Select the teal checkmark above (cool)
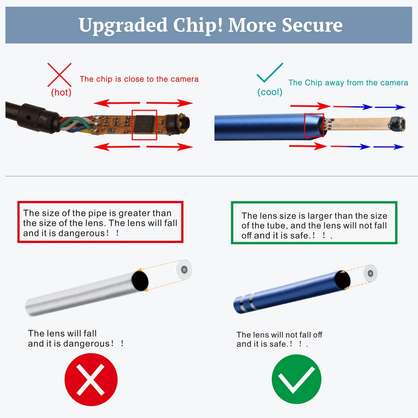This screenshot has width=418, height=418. click(x=270, y=72)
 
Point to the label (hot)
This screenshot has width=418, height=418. click(x=61, y=92)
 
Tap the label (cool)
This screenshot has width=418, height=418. click(x=270, y=92)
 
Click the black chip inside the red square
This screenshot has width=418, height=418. click(x=144, y=125)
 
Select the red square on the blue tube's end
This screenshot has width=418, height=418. click(x=314, y=125)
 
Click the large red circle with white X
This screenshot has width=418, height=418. click(x=91, y=380)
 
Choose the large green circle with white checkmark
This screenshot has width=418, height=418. click(x=296, y=380)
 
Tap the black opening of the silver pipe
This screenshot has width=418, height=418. click(x=140, y=280)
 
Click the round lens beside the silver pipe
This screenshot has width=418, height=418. click(x=183, y=269)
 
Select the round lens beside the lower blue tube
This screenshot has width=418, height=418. click(x=370, y=273)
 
